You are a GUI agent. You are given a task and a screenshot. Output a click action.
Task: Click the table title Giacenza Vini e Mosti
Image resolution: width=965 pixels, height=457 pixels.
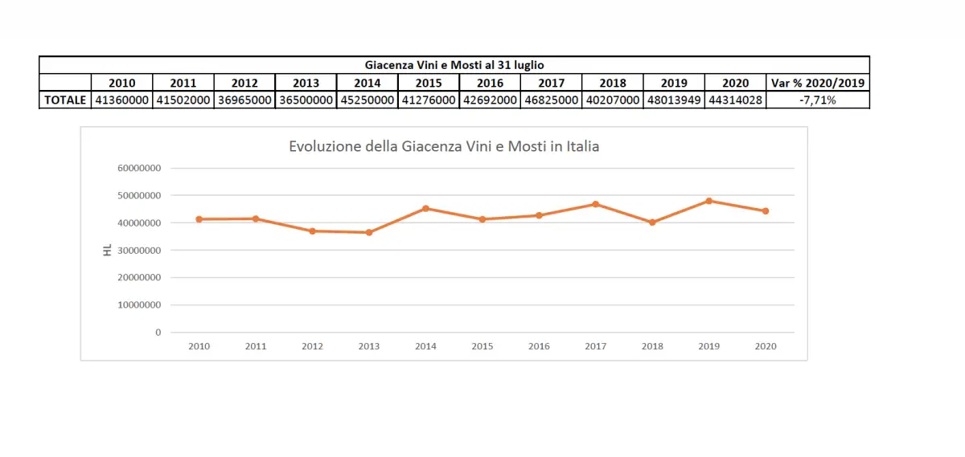(x=455, y=65)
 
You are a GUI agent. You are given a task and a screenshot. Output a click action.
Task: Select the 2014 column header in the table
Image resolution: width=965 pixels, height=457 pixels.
(x=367, y=83)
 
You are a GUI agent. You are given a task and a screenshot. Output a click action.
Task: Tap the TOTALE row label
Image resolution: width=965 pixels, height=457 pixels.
(x=65, y=100)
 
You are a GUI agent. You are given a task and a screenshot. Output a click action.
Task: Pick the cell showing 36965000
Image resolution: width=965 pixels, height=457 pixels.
(x=244, y=100)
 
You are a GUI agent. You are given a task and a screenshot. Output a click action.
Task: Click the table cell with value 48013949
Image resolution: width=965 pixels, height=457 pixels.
(x=674, y=100)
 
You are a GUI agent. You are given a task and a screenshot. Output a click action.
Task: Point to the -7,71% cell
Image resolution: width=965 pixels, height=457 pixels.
(x=818, y=100)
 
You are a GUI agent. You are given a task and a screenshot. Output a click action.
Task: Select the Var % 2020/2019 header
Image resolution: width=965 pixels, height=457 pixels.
(x=818, y=83)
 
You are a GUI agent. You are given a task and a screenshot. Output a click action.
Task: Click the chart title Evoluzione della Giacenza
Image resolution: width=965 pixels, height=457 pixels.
(x=444, y=147)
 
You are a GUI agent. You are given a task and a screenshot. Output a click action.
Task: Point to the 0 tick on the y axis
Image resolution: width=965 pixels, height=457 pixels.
(x=158, y=333)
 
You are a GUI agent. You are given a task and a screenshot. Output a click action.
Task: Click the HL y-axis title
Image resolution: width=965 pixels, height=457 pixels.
(x=107, y=251)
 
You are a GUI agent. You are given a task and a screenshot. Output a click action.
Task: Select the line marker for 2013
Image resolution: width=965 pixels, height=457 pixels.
(x=369, y=232)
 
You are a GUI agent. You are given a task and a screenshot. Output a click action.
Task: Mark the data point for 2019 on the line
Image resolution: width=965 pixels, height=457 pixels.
(x=708, y=201)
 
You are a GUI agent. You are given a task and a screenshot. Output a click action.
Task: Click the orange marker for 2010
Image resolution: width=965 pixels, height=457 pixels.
(x=199, y=219)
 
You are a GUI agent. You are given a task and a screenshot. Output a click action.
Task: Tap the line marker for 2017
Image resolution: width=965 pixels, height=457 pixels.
(x=596, y=204)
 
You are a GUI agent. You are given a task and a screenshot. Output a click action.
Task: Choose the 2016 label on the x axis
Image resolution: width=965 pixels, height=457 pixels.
(x=539, y=346)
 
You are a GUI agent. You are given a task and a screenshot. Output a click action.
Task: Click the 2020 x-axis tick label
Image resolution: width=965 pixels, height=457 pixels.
(x=766, y=346)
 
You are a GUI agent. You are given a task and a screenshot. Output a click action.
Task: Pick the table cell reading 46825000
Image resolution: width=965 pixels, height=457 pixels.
(x=551, y=100)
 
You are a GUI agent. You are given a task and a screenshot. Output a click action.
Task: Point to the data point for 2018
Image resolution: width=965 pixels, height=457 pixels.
(x=652, y=222)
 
